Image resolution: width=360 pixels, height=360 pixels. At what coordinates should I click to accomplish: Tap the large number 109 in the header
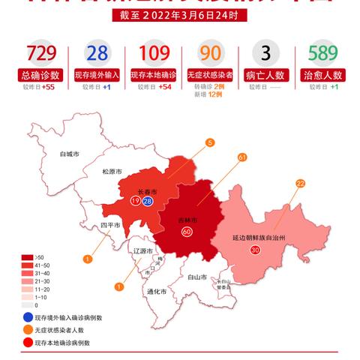pyautogui.click(x=154, y=54)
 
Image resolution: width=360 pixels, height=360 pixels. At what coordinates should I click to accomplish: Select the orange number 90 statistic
pyautogui.click(x=211, y=54)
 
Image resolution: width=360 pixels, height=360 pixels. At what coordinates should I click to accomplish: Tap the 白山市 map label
pyautogui.click(x=197, y=277)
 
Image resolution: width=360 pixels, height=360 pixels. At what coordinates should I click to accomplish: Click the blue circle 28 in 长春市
pyautogui.click(x=148, y=201)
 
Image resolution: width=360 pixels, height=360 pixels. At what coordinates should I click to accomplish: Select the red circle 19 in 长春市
pyautogui.click(x=135, y=201)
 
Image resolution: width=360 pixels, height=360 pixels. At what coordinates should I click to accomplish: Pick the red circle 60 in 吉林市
pyautogui.click(x=186, y=232)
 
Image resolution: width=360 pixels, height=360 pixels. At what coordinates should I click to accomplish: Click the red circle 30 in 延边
pyautogui.click(x=255, y=250)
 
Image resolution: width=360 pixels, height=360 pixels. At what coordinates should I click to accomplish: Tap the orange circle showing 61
pyautogui.click(x=241, y=157)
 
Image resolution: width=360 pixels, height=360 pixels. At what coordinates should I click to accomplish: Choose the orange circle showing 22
pyautogui.click(x=300, y=183)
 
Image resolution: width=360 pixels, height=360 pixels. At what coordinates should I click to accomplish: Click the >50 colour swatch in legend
pyautogui.click(x=28, y=257)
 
